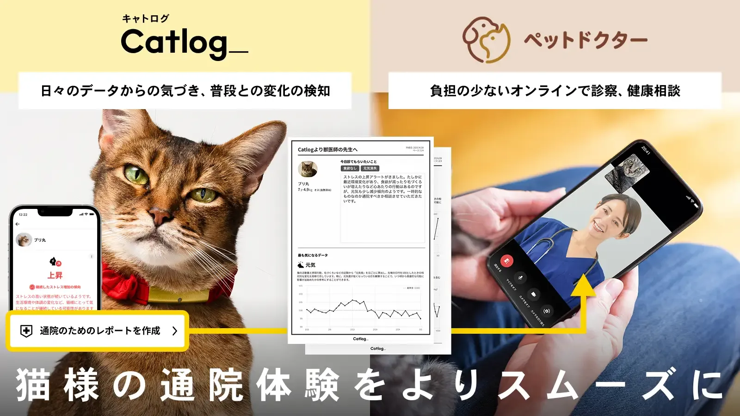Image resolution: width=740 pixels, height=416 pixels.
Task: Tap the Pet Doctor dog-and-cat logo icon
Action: pyautogui.click(x=486, y=40)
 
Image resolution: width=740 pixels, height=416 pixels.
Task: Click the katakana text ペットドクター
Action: pyautogui.click(x=586, y=41)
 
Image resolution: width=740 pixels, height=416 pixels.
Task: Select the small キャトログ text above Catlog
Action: pyautogui.click(x=145, y=18)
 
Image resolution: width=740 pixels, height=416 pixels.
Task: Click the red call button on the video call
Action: pyautogui.click(x=506, y=261)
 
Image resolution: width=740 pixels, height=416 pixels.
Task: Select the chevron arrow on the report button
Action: pyautogui.click(x=174, y=331)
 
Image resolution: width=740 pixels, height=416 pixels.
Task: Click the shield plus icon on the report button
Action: pyautogui.click(x=26, y=331)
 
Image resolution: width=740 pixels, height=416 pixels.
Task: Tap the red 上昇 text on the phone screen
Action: pyautogui.click(x=55, y=275)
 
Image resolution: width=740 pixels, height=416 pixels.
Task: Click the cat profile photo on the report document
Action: pyautogui.click(x=307, y=169)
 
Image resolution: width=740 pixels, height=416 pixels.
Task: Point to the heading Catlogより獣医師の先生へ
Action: pyautogui.click(x=327, y=150)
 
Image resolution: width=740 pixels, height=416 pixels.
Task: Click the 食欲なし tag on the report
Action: pyautogui.click(x=350, y=168)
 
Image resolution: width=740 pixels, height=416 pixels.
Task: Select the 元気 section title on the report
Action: pyautogui.click(x=310, y=265)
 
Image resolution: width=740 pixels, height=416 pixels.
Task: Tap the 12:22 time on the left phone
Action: pyautogui.click(x=23, y=214)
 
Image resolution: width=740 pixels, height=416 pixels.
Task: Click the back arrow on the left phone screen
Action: pyautogui.click(x=18, y=224)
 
